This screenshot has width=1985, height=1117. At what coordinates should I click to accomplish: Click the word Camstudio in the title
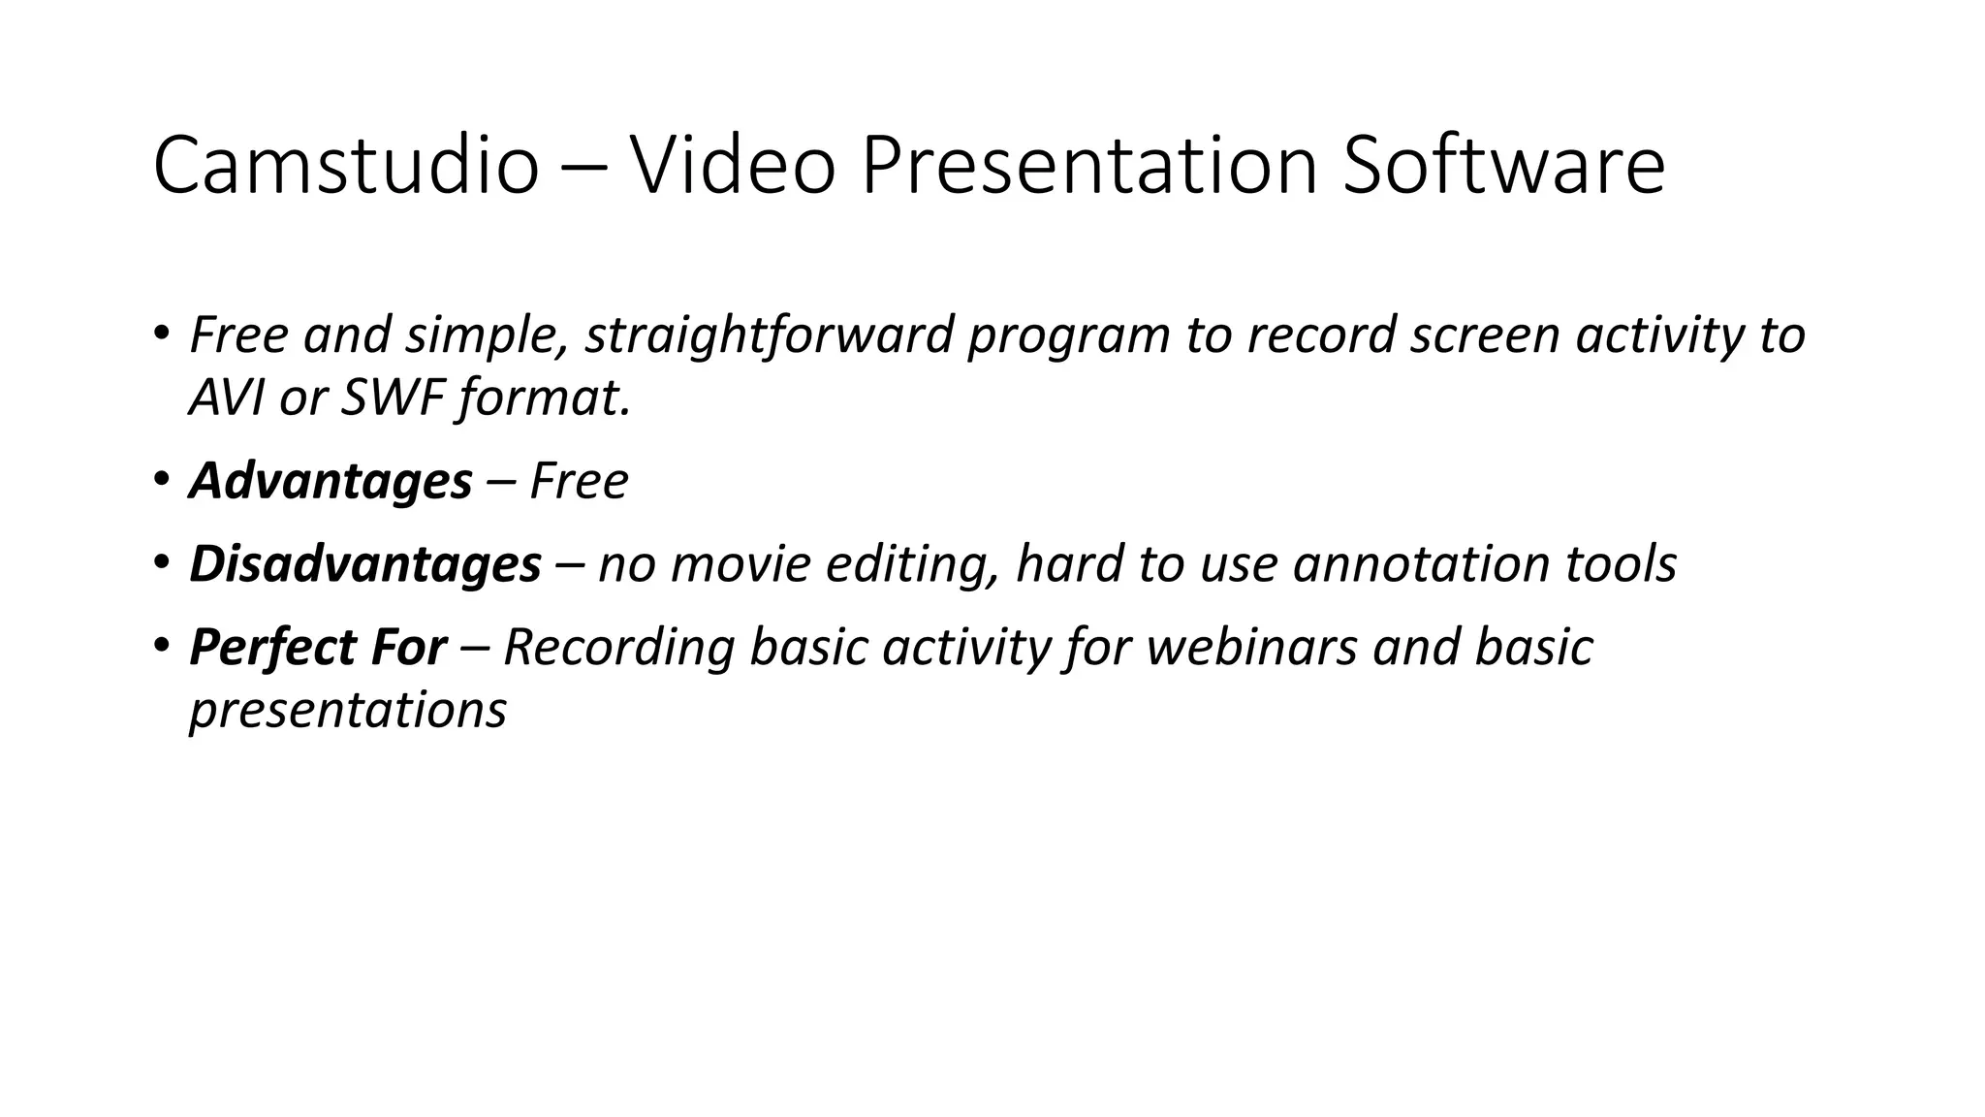tap(345, 166)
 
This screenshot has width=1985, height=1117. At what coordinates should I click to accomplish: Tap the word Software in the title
tap(1503, 166)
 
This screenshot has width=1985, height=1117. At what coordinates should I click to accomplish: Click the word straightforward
tap(769, 335)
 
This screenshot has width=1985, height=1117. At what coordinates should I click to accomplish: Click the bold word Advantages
tap(331, 482)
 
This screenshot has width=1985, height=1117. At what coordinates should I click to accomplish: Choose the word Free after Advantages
tap(579, 481)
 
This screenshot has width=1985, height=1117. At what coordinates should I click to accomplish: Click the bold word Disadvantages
tap(364, 564)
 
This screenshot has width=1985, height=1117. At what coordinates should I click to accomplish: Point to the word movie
tap(740, 564)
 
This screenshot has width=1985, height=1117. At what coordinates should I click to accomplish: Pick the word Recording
tap(618, 648)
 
